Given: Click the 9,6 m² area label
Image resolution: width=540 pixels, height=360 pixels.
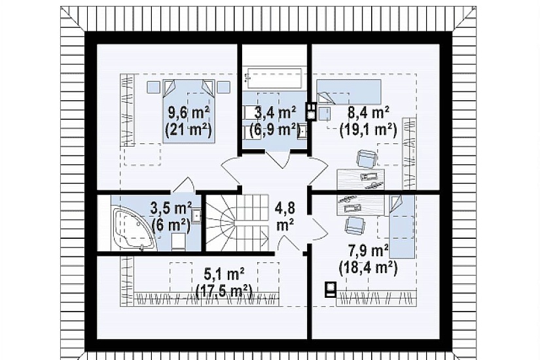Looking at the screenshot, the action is coord(189,113).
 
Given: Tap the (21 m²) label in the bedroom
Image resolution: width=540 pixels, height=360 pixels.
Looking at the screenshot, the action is coord(188,130).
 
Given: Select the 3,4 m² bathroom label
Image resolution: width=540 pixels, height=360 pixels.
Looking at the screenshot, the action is coord(275,113).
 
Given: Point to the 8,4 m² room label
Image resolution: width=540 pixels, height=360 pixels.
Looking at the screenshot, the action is coord(369,113).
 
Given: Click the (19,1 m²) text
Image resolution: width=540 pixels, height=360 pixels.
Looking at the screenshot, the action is coord(368,130).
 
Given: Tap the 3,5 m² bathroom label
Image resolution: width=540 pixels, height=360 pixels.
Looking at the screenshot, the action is coord(171,208).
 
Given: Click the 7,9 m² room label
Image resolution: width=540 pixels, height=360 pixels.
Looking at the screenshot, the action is coord(369,251).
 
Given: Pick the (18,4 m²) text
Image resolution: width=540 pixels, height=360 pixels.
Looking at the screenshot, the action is coord(368,268).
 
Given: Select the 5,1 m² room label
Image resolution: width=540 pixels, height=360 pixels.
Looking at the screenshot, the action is coord(225,274).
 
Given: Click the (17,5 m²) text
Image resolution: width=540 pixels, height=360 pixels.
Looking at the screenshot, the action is coord(225,291).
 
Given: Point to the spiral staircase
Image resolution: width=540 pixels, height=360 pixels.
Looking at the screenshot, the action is coord(238,223).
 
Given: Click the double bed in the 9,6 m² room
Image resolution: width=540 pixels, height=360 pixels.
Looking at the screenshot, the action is coord(189,111).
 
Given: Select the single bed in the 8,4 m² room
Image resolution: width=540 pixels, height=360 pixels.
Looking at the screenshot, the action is coord(349,92).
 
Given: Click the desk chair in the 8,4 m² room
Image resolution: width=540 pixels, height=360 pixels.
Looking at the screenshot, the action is coord(366,159).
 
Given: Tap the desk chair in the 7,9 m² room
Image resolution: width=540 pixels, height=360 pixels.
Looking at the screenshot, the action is coord(355,225).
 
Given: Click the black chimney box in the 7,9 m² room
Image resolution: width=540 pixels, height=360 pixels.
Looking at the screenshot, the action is coord(331,289).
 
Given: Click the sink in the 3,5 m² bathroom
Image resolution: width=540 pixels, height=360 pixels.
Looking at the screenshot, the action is coord(197,215).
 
